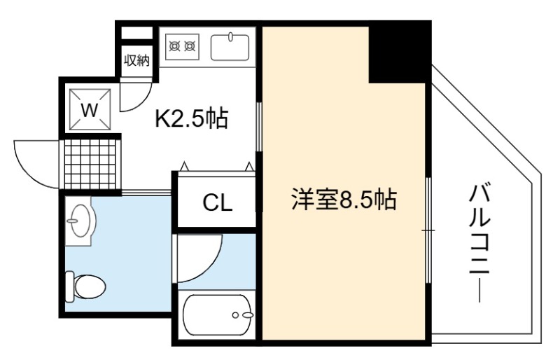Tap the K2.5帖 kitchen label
tap(191, 118)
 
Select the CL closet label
tap(218, 202)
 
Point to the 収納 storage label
tap(136, 60)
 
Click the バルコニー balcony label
tap(479, 243)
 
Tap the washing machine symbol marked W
tap(90, 110)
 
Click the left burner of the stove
tap(174, 46)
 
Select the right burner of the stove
tap(190, 46)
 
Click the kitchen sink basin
tap(230, 47)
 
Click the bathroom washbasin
tap(81, 221)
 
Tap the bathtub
tap(218, 315)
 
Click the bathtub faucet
tap(244, 315)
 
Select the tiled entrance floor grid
tap(91, 164)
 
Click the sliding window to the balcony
tap(428, 230)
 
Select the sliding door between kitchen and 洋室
tap(259, 126)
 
